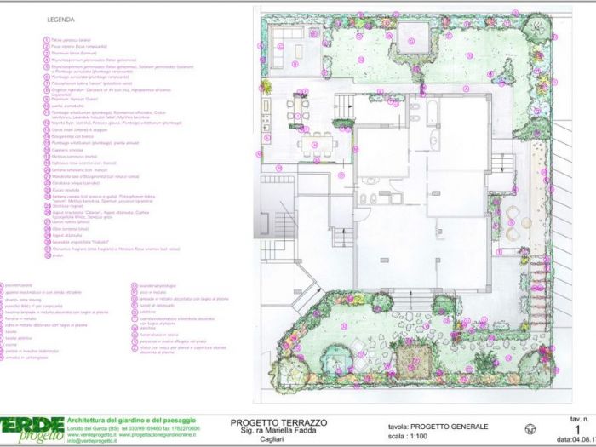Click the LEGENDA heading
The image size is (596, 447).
pos(62,17)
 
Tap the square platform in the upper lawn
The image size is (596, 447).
pos(414,37)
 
